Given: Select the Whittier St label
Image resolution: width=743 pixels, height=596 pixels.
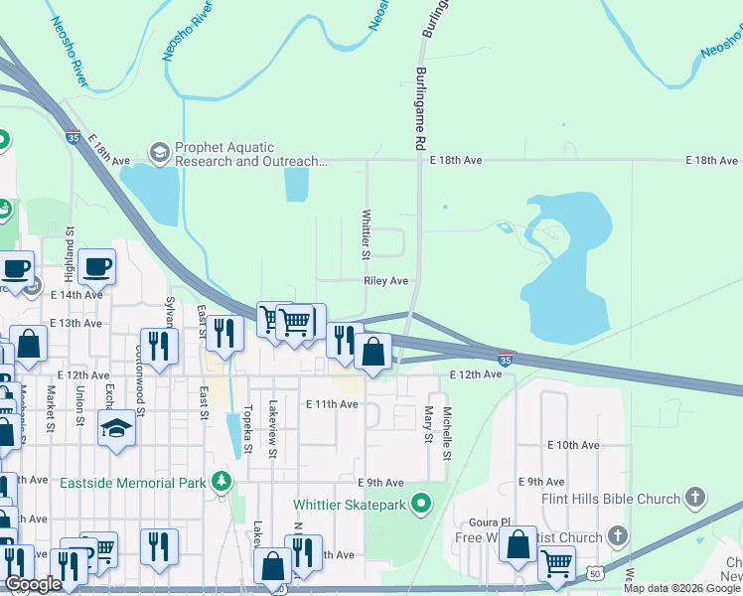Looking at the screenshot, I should pyautogui.click(x=367, y=234).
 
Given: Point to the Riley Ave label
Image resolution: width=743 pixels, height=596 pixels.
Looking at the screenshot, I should pyautogui.click(x=386, y=281).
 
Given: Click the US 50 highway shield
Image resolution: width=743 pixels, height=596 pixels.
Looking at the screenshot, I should pyautogui.click(x=594, y=574).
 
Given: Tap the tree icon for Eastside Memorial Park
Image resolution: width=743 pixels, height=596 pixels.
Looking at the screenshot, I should pyautogui.click(x=220, y=484).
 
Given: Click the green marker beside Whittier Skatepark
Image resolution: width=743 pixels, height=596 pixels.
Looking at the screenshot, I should pyautogui.click(x=421, y=505).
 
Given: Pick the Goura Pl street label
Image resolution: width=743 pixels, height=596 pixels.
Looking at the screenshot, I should pyautogui.click(x=491, y=521).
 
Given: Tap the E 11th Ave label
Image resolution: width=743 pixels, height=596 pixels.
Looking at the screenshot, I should pyautogui.click(x=332, y=404).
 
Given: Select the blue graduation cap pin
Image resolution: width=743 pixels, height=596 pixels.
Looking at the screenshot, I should pyautogui.click(x=116, y=429).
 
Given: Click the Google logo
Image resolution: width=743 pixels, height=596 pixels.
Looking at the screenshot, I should pyautogui.click(x=34, y=584).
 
